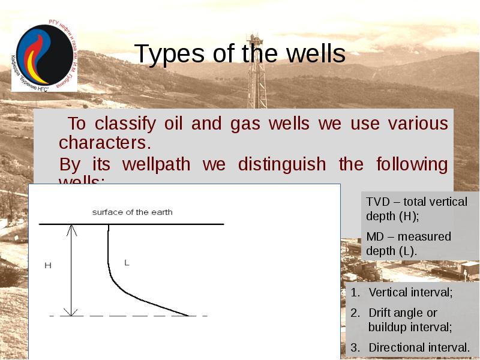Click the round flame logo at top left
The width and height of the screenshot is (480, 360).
pos(43,55)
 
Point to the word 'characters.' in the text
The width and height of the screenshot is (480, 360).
pos(103,143)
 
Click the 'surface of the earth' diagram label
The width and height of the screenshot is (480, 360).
pos(132,212)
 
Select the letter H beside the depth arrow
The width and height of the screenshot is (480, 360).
pos(48,265)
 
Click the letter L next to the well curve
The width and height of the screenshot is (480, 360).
pos(127,262)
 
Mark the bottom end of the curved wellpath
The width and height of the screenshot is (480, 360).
pos(188,315)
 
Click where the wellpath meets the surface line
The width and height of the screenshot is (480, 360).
pos(109,224)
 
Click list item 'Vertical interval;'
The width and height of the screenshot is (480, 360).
pos(410,293)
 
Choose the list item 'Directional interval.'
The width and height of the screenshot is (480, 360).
pos(419,347)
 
